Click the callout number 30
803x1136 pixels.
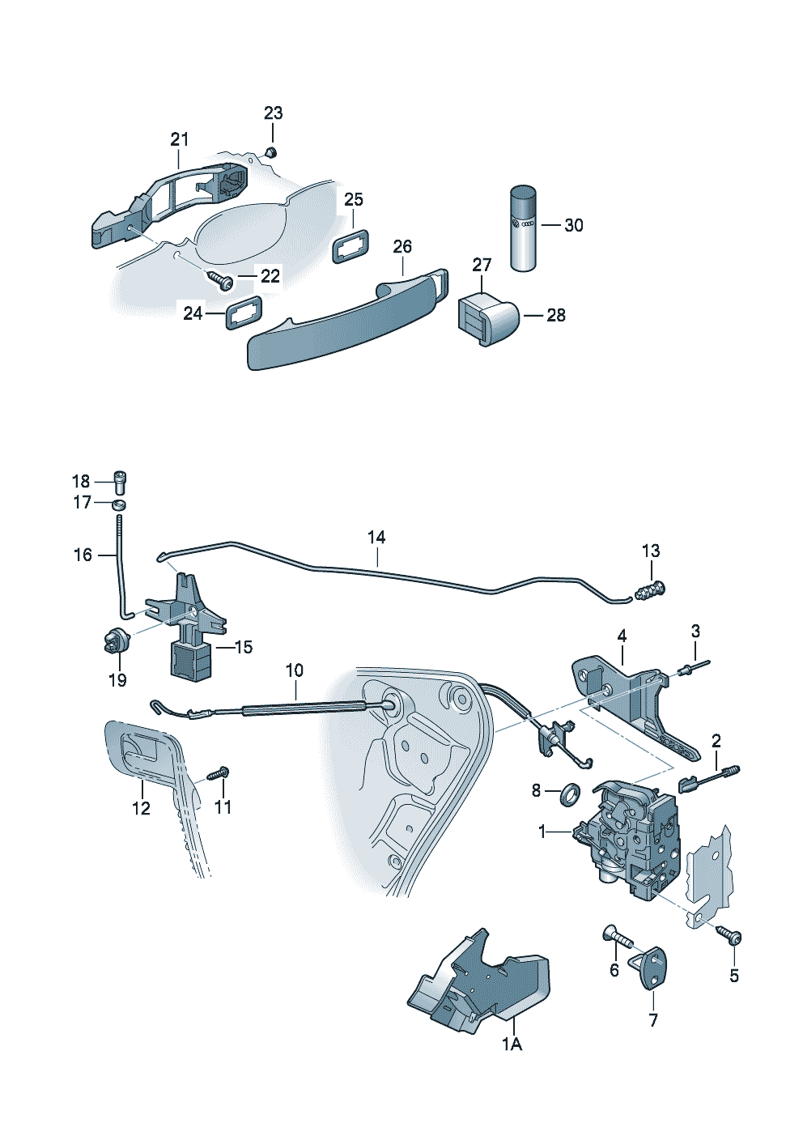[x=573, y=225]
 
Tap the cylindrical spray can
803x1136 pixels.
[x=523, y=228]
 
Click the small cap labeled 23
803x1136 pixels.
[x=271, y=151]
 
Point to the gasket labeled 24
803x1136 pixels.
[x=243, y=312]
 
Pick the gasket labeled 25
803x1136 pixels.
[x=351, y=245]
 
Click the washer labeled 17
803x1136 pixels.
[x=119, y=505]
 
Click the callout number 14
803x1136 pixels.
[x=376, y=537]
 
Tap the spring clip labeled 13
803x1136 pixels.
[x=651, y=592]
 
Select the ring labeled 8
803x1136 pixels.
[x=570, y=793]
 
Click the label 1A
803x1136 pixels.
[x=512, y=1045]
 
